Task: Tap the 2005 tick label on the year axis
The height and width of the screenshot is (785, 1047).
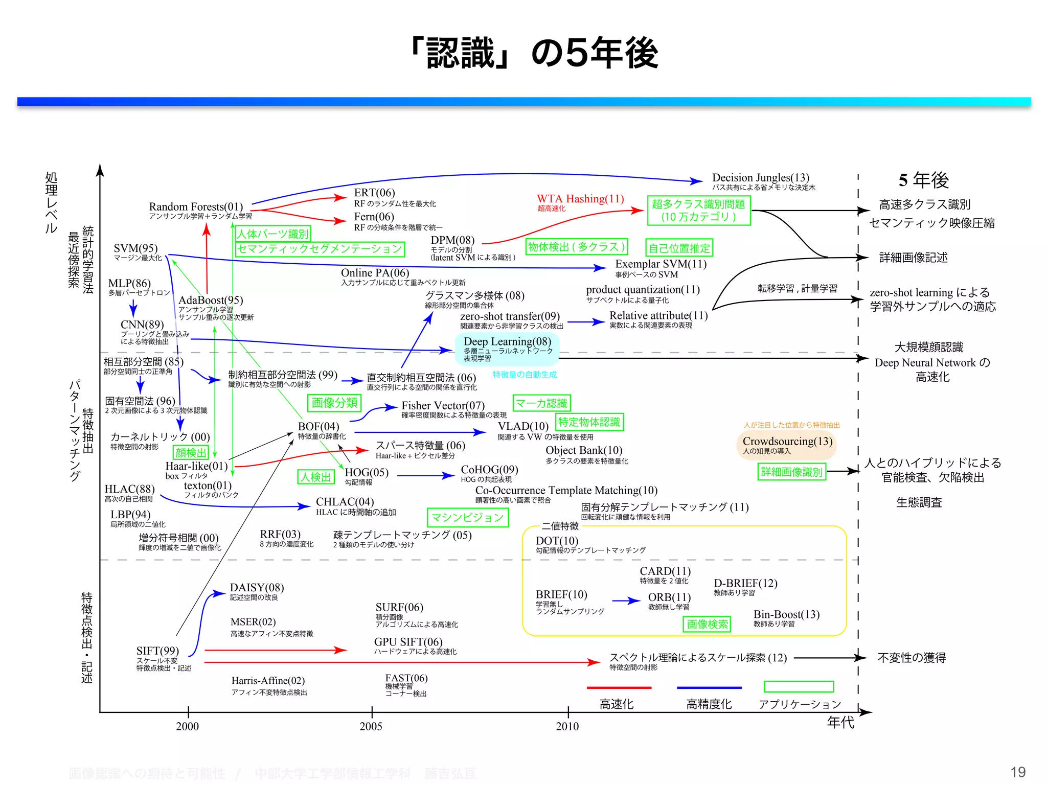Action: pos(371,726)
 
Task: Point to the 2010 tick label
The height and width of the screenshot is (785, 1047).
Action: pos(567,726)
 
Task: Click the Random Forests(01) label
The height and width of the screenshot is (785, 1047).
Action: pos(196,206)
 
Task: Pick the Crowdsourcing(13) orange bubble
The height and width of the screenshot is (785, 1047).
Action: pos(787,444)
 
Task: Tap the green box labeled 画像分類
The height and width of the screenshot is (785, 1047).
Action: pos(334,403)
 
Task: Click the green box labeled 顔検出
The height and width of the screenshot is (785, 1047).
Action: pos(191,452)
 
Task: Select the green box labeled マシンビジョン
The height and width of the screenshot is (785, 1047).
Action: pos(467,517)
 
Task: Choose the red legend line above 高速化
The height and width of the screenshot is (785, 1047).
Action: pos(619,688)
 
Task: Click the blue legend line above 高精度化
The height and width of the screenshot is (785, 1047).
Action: pos(709,688)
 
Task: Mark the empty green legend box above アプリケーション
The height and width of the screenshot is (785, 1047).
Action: pos(799,686)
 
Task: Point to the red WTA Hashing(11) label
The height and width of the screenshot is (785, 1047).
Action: pos(580,199)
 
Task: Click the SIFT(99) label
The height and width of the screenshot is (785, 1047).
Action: pos(157,651)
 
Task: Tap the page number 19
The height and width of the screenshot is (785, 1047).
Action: pos(1018,772)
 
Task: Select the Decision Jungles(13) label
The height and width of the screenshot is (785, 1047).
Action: pos(760,177)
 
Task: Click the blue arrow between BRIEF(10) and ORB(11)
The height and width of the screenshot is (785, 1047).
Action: pos(626,601)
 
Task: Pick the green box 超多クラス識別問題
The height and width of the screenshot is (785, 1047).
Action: pos(698,210)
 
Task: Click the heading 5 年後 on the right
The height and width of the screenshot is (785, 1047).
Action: pos(923,180)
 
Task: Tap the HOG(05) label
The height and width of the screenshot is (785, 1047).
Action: pos(367,472)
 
